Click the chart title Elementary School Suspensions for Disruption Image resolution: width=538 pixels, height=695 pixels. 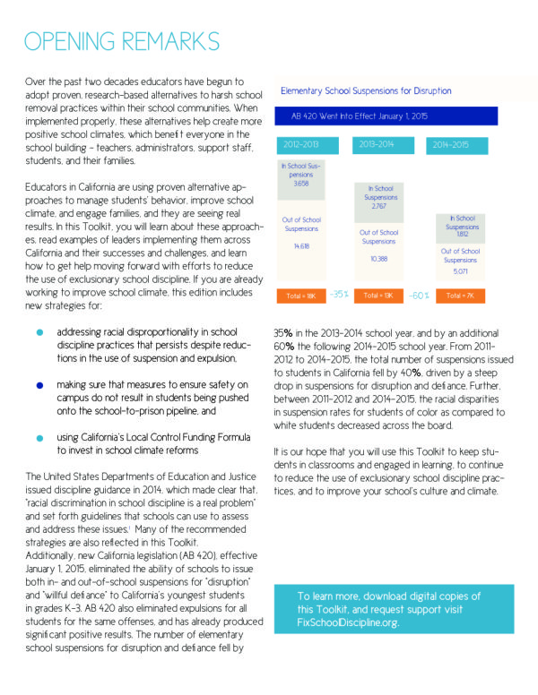click(x=366, y=90)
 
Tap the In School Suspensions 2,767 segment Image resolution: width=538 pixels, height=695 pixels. click(x=379, y=198)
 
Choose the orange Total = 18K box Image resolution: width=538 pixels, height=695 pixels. click(x=301, y=296)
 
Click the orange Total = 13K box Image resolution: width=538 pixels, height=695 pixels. click(x=379, y=296)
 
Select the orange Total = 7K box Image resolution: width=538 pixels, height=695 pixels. click(x=460, y=296)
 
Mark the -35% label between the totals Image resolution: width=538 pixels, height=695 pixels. click(x=339, y=294)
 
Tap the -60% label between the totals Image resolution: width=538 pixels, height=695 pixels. click(x=419, y=294)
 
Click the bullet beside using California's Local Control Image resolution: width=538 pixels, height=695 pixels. click(x=39, y=438)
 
